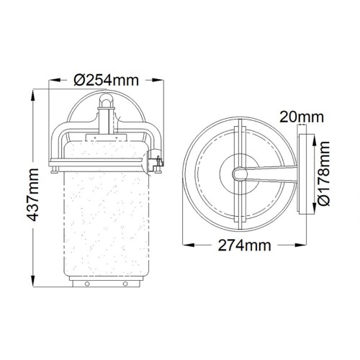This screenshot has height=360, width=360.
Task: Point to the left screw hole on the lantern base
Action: coord(85,283)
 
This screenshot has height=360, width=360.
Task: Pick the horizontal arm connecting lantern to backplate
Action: coord(270,174)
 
